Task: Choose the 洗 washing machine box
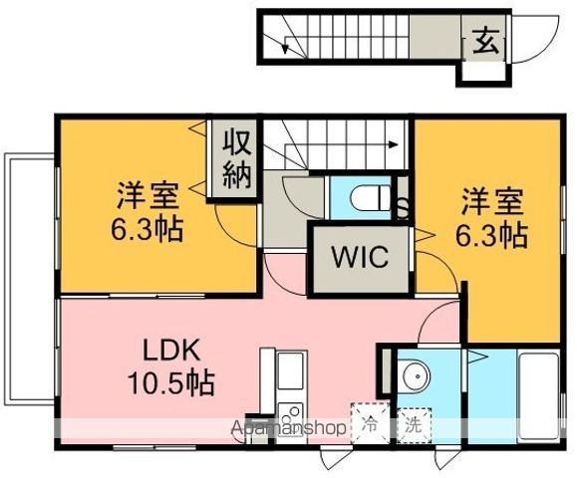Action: pos(412,422)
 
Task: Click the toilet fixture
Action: pos(371,196)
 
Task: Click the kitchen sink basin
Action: pos(289,372)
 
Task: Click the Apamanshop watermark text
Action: pos(290,428)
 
